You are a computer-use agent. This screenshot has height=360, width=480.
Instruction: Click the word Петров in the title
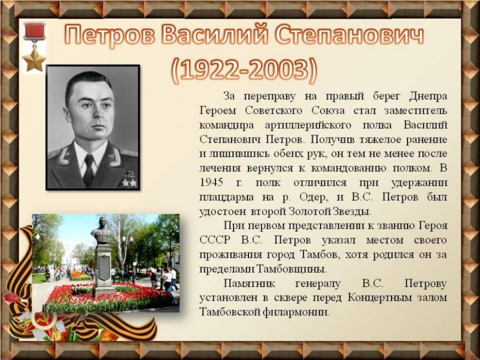pos(110,35)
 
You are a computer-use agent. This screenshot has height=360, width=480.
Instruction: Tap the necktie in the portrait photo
pos(89,170)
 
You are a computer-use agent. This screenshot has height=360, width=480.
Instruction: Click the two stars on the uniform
pos(129,182)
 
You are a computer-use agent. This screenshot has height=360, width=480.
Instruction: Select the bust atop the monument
pos(102,231)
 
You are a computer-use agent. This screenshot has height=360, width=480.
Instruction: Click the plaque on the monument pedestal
pos(105,267)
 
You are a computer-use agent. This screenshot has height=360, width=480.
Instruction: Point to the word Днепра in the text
pos(428,97)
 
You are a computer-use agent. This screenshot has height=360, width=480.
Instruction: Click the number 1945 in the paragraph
pos(211,183)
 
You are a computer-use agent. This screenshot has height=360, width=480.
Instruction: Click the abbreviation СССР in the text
pos(214,241)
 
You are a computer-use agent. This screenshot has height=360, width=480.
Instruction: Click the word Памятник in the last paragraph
pos(249,284)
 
